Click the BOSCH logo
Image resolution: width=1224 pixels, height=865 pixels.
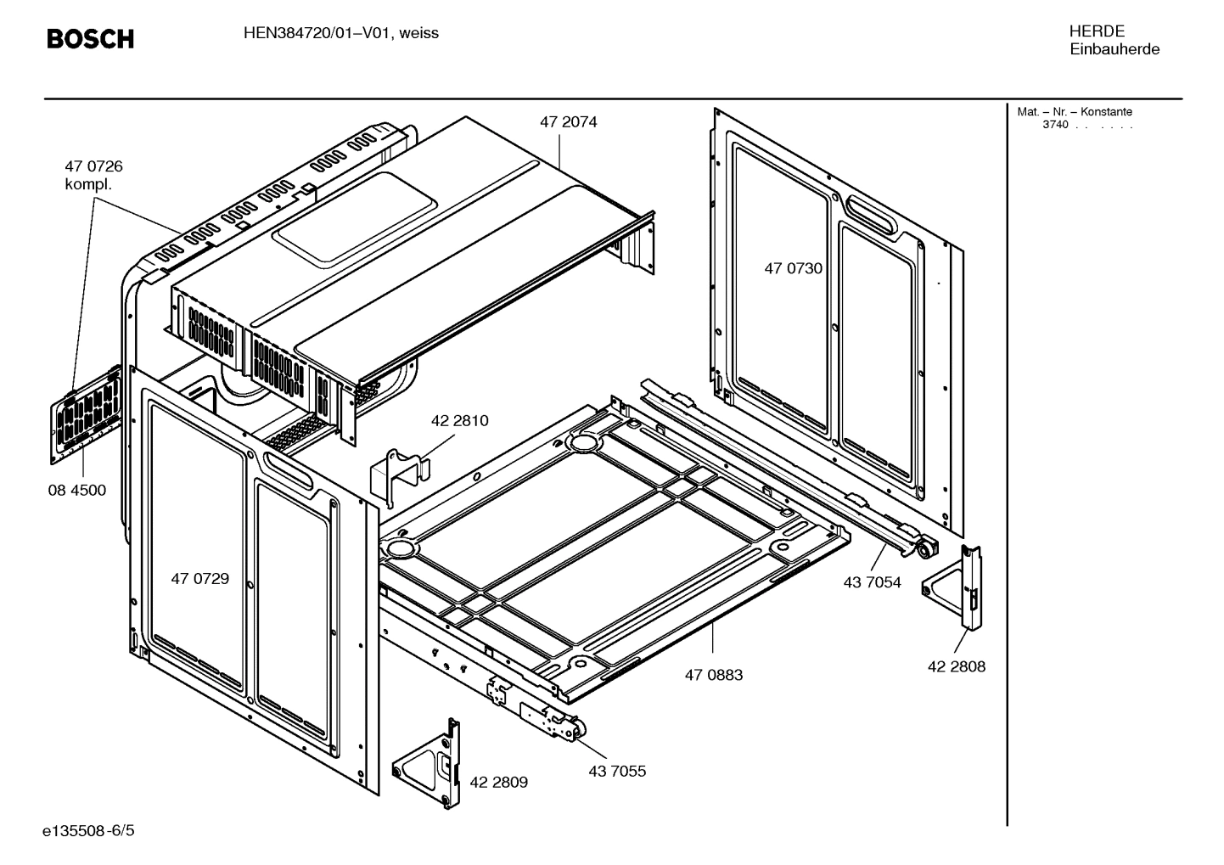pos(90,39)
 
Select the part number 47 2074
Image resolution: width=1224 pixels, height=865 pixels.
pos(568,122)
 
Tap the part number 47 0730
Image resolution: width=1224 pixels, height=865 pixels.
pos(793,269)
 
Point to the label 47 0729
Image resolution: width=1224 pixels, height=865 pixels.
pos(199,579)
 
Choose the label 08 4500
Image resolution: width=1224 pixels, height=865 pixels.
pos(76,491)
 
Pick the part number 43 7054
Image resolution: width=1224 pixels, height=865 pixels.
pos(872,582)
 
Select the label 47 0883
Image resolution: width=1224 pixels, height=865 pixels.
pos(713,675)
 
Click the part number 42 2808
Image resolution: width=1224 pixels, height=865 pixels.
pos(957,666)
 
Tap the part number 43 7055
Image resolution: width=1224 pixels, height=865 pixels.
pos(616,771)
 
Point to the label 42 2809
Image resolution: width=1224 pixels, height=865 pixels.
pos(498,782)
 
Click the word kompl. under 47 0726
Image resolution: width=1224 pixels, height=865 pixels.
pos(88,184)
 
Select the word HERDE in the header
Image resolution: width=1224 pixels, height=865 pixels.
pos(1097,31)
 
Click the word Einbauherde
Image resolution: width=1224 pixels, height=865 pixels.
pos(1114,49)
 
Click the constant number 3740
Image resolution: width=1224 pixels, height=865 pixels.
pos(1055,126)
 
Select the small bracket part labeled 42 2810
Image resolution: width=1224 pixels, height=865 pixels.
pos(400,469)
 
